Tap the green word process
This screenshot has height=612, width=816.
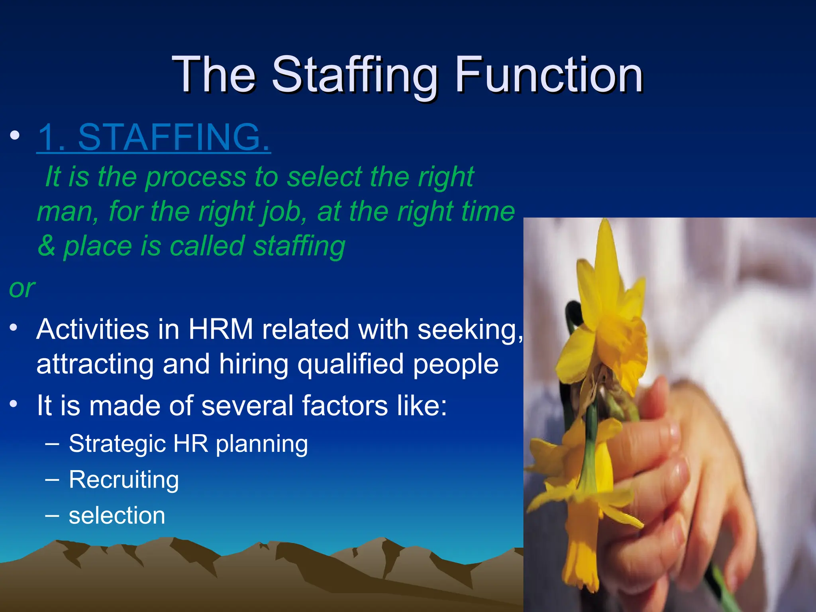[x=196, y=177]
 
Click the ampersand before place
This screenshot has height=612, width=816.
[x=47, y=246]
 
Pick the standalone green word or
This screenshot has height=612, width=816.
[x=22, y=288]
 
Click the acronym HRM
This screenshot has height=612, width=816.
[x=220, y=330]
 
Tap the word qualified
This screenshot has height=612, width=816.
[x=350, y=365]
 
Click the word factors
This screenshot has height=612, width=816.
[x=345, y=406]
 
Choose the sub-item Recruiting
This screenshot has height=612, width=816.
[x=124, y=480]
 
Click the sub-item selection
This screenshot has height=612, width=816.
[x=117, y=516]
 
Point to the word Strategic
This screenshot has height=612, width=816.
[x=117, y=444]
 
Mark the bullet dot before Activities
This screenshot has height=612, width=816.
[x=14, y=328]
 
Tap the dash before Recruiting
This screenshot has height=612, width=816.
[x=52, y=479]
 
